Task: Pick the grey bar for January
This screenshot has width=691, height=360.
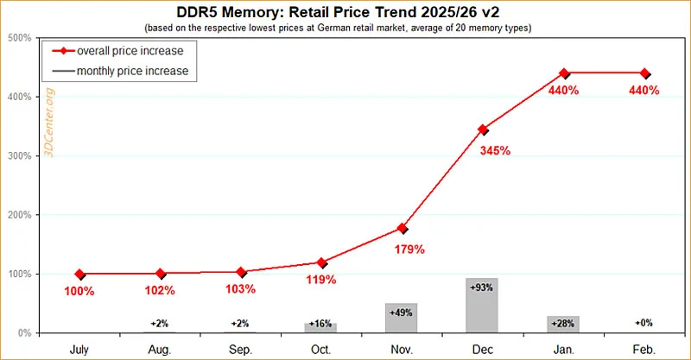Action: tap(562, 325)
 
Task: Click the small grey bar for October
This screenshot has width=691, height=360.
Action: tap(321, 328)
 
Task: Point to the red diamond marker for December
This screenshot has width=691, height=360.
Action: tap(483, 129)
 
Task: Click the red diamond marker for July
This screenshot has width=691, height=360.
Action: tap(80, 275)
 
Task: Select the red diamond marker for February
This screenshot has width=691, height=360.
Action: tap(643, 73)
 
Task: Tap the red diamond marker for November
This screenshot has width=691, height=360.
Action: tap(403, 228)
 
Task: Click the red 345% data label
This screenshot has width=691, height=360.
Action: tap(495, 151)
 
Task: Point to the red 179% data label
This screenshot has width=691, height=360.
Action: tap(409, 250)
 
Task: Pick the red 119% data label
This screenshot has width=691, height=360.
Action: tap(321, 280)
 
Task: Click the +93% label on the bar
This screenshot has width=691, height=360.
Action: tap(482, 286)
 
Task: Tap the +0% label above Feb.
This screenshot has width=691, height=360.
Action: tap(643, 322)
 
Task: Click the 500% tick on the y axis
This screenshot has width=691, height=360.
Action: tap(20, 39)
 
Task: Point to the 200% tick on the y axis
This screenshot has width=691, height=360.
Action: tap(20, 215)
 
